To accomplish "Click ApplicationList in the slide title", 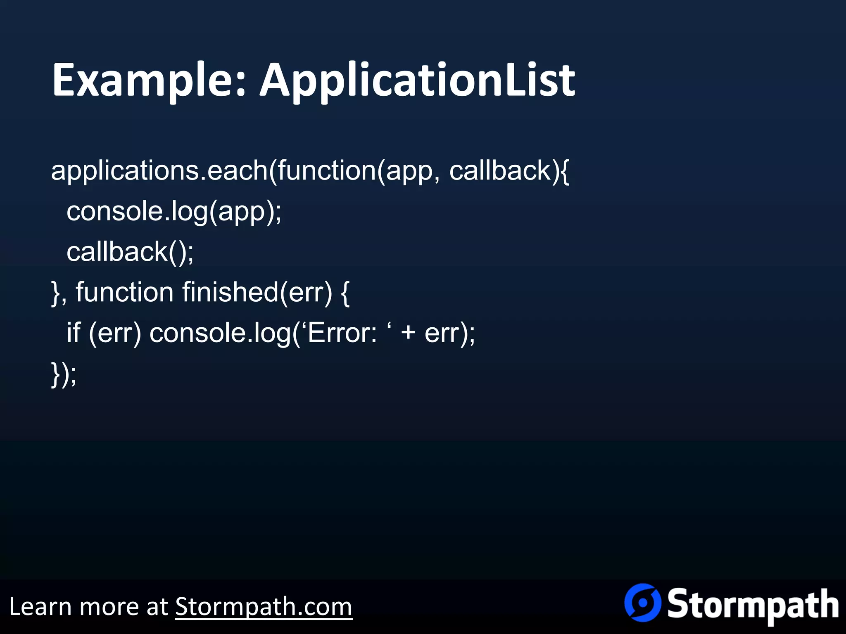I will pyautogui.click(x=417, y=80).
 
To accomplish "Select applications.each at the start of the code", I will pyautogui.click(x=159, y=170).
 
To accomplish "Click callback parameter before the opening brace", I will pyautogui.click(x=501, y=170).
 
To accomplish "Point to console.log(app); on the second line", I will pyautogui.click(x=173, y=212).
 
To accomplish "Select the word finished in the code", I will pyautogui.click(x=230, y=292).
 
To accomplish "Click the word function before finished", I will pyautogui.click(x=124, y=292).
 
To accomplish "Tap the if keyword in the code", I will pyautogui.click(x=74, y=333).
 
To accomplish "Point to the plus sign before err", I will pyautogui.click(x=408, y=333).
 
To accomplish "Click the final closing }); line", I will pyautogui.click(x=64, y=374).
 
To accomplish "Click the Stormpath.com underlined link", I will pyautogui.click(x=264, y=607).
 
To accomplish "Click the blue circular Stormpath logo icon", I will pyautogui.click(x=643, y=603).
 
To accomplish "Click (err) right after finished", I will pyautogui.click(x=306, y=292).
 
